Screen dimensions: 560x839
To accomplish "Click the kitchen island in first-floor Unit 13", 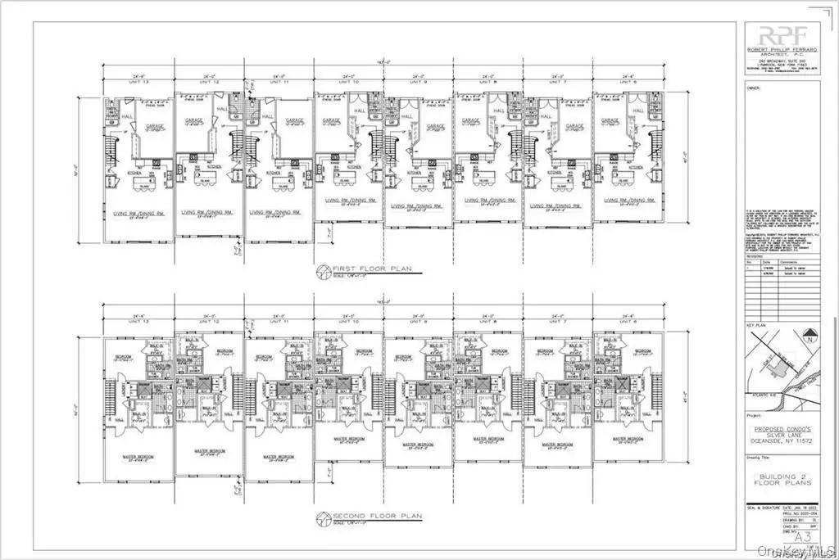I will (142, 186).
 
